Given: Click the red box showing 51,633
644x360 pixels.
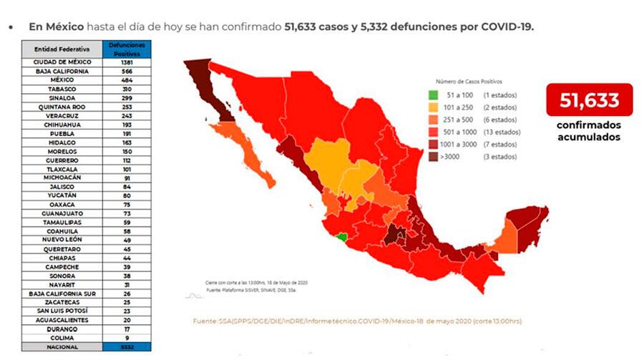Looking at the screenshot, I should coord(590,100).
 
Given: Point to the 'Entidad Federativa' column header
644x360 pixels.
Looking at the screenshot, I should coord(62,49).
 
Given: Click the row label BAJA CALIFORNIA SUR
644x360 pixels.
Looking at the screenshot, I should coord(62,293).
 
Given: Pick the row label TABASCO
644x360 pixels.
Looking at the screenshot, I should coord(62,89).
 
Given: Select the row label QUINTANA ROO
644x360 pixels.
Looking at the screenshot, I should coord(62,107).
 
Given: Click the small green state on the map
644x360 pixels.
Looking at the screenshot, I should coord(343,237).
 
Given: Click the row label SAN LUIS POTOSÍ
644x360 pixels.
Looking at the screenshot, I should coord(62,311).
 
